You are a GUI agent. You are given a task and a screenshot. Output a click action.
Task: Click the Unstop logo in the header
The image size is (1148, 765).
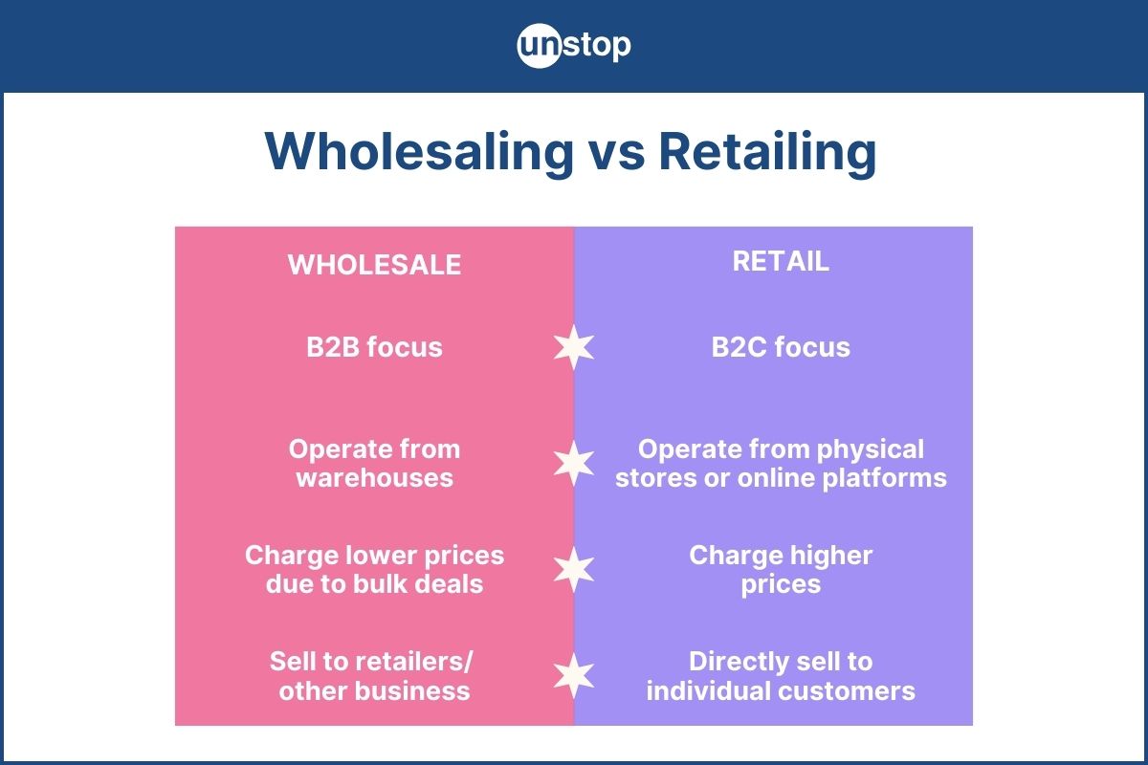click(x=574, y=46)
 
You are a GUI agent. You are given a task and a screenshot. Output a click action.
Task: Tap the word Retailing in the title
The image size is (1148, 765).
click(x=766, y=151)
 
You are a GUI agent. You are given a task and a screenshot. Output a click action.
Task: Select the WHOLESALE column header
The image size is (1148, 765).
click(x=374, y=265)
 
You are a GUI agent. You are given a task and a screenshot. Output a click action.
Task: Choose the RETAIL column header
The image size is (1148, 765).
click(x=781, y=261)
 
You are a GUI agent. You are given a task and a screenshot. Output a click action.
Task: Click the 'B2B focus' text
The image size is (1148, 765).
click(x=374, y=346)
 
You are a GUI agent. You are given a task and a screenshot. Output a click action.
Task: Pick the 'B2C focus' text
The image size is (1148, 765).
click(x=781, y=346)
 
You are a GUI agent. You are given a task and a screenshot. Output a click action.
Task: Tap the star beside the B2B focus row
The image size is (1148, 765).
click(x=574, y=346)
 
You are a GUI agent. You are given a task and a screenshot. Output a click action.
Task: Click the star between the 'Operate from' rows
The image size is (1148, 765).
click(x=574, y=463)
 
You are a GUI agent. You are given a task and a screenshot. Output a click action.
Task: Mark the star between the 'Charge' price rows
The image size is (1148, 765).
click(x=574, y=569)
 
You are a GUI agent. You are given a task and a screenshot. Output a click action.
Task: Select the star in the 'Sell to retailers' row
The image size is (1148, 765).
click(x=574, y=675)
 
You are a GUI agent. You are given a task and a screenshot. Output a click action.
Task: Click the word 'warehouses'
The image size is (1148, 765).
click(x=374, y=477)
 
